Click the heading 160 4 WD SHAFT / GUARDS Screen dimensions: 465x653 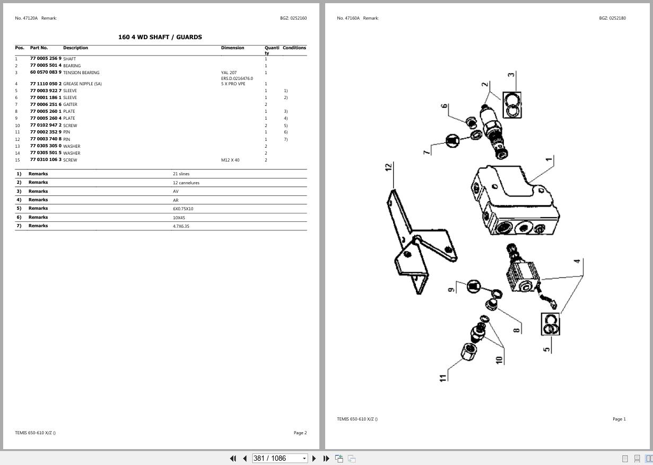pos(160,37)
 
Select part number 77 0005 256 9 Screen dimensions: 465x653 pos(46,59)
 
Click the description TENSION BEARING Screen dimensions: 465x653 pos(81,73)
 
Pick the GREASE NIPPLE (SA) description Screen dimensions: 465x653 pos(82,84)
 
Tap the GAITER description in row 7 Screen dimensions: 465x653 pos(70,104)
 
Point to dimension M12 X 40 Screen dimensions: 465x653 pos(230,160)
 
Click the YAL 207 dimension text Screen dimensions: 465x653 pos(229,73)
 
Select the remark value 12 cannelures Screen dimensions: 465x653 pos(186,183)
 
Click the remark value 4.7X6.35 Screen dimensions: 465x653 pos(181,226)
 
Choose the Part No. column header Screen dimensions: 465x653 pos(39,48)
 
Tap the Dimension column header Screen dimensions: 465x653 pos(232,48)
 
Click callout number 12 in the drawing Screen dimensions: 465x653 pos(389,167)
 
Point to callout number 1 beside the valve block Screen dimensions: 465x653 pos(549,159)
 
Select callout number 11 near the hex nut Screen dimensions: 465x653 pos(443,378)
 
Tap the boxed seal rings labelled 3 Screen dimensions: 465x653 pos(511,105)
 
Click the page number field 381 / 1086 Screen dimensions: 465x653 pos(278,458)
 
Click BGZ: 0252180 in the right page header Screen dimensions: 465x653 pos(612,18)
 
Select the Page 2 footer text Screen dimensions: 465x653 pos(300,433)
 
